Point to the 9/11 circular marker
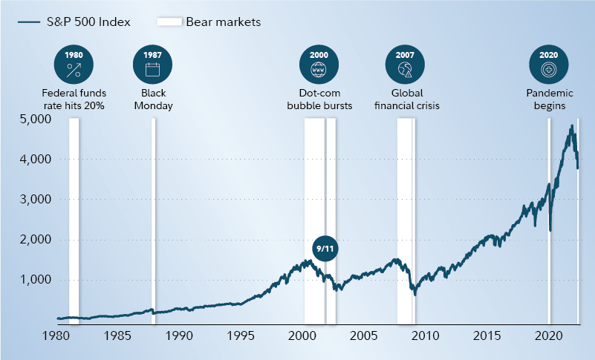click(325, 248)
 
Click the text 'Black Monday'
click(153, 99)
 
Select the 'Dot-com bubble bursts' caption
click(319, 99)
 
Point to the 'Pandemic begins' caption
click(549, 99)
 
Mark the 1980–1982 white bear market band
click(74, 223)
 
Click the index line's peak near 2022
click(571, 126)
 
